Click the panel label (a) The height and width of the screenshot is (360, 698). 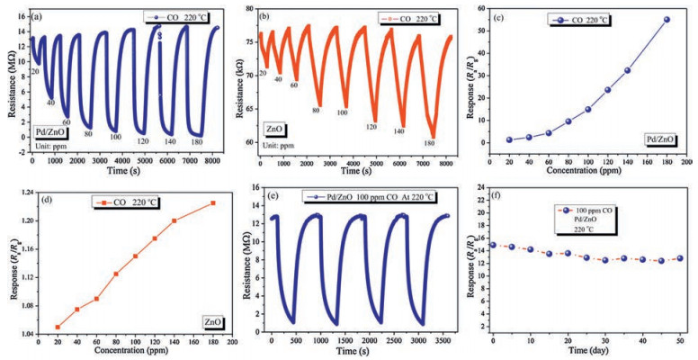pyautogui.click(x=40, y=16)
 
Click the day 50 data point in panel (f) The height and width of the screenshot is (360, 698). pyautogui.click(x=679, y=258)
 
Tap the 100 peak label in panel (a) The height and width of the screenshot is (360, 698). pyautogui.click(x=116, y=137)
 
